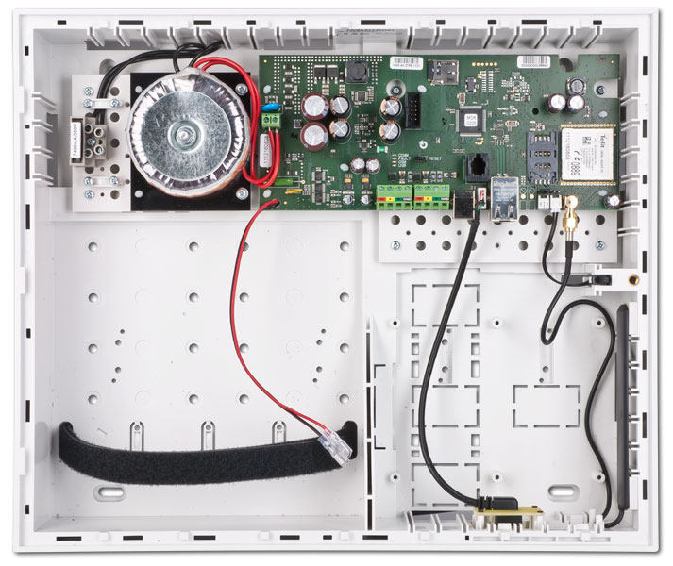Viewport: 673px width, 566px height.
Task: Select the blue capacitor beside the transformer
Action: tap(273, 122)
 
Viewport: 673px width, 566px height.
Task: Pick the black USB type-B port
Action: tap(465, 207)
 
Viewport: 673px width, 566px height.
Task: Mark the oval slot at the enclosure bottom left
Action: tap(110, 493)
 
